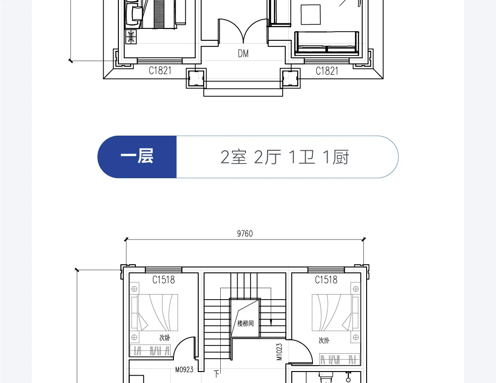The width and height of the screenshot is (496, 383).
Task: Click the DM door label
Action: [243, 54]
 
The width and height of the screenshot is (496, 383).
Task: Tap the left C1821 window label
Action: [160, 71]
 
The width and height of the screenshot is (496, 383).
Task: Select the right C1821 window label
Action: [327, 71]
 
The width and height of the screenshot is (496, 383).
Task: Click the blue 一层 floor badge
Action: [137, 157]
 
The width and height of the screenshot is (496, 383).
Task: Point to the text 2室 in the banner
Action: [234, 157]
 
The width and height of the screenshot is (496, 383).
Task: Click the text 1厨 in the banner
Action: [336, 157]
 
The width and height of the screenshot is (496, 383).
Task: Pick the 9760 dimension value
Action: [245, 234]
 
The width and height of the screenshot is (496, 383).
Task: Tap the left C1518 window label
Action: [163, 280]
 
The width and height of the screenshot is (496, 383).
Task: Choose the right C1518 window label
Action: [326, 280]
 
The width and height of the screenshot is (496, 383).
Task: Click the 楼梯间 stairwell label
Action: [245, 323]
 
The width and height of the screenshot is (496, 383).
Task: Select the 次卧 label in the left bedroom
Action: [165, 338]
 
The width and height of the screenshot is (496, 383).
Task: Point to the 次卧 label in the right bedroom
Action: [324, 340]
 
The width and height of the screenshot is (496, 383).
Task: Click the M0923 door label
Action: [184, 369]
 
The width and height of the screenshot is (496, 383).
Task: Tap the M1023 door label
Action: [279, 352]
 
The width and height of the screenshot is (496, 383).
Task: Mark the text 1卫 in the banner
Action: [302, 157]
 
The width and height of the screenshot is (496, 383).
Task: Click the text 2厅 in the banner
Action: [268, 157]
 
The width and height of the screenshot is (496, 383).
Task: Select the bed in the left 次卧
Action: [154, 312]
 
